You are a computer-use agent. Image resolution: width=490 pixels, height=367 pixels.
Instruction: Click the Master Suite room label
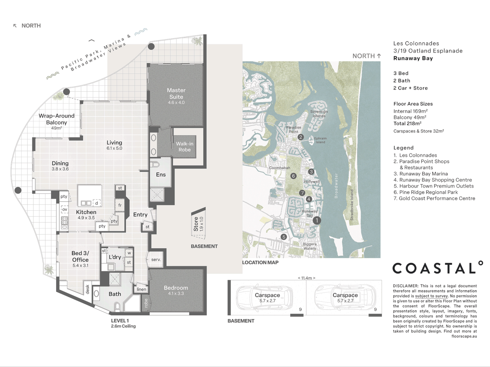[x=176, y=93]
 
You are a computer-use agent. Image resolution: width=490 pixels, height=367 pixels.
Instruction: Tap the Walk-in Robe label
[x=185, y=146]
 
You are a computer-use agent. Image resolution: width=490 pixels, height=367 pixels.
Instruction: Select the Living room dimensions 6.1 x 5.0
[x=114, y=148]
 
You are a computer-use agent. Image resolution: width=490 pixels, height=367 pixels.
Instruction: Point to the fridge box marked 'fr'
[x=120, y=205]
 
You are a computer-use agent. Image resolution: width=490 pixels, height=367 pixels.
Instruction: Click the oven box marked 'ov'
[x=65, y=209]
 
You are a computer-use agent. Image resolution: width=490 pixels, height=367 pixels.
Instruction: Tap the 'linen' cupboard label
[x=142, y=289]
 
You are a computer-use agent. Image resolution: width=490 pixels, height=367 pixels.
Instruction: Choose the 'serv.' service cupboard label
[x=156, y=260]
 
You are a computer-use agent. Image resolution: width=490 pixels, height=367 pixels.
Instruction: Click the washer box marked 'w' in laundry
[x=129, y=253]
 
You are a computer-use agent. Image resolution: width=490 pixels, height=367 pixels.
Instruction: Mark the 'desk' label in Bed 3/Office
[x=87, y=289]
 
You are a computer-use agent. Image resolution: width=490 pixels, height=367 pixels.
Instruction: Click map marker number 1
[x=317, y=221]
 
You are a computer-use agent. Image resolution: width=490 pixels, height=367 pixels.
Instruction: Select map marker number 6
[x=293, y=176]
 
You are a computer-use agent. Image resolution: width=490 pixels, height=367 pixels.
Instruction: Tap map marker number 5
[x=284, y=237]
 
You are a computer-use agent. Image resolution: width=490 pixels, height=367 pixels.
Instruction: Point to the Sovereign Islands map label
[x=319, y=113]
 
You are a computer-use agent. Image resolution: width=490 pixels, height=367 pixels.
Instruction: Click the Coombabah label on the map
[x=279, y=168]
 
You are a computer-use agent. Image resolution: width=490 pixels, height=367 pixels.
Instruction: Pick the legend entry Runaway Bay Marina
[x=421, y=174]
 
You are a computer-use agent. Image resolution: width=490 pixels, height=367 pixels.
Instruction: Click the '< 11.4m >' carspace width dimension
[x=306, y=278]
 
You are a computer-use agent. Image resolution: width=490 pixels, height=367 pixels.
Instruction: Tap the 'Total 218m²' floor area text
[x=407, y=123]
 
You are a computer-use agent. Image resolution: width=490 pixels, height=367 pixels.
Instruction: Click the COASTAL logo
[x=438, y=267]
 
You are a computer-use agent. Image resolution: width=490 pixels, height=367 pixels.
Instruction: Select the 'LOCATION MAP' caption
[x=260, y=262]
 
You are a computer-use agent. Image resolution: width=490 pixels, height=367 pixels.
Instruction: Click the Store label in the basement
[x=196, y=224]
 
